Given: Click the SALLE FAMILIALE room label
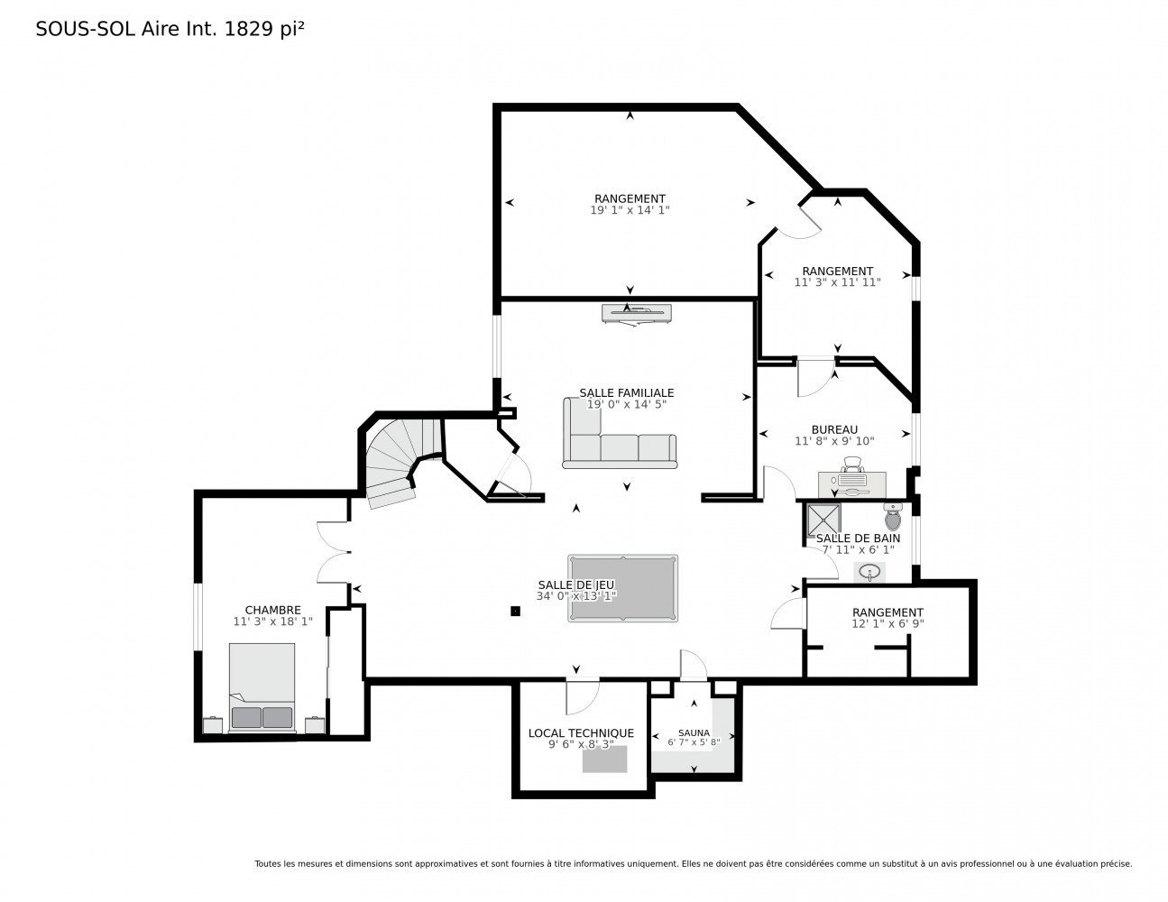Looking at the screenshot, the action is [x=626, y=393].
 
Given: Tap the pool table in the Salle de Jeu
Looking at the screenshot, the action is [x=622, y=588].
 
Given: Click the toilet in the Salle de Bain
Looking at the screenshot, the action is [x=893, y=516].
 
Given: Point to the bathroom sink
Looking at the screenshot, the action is [x=869, y=571].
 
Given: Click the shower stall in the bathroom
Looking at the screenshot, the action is [x=824, y=520].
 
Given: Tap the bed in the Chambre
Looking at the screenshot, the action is [x=262, y=687].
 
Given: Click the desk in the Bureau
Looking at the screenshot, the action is [x=852, y=484].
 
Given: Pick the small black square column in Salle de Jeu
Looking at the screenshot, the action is [x=515, y=611].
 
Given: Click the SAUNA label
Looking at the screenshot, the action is [x=694, y=732].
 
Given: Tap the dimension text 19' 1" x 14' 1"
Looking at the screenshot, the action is [x=630, y=210].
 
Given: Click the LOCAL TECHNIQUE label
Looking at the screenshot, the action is [x=581, y=733].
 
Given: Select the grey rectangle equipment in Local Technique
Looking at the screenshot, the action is [x=604, y=759].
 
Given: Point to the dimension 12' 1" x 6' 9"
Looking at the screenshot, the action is [x=887, y=623].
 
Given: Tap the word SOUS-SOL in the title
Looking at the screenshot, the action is [x=86, y=29].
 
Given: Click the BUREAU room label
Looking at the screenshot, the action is [x=834, y=429].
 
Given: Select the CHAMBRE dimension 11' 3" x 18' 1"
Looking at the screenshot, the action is [x=272, y=621].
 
